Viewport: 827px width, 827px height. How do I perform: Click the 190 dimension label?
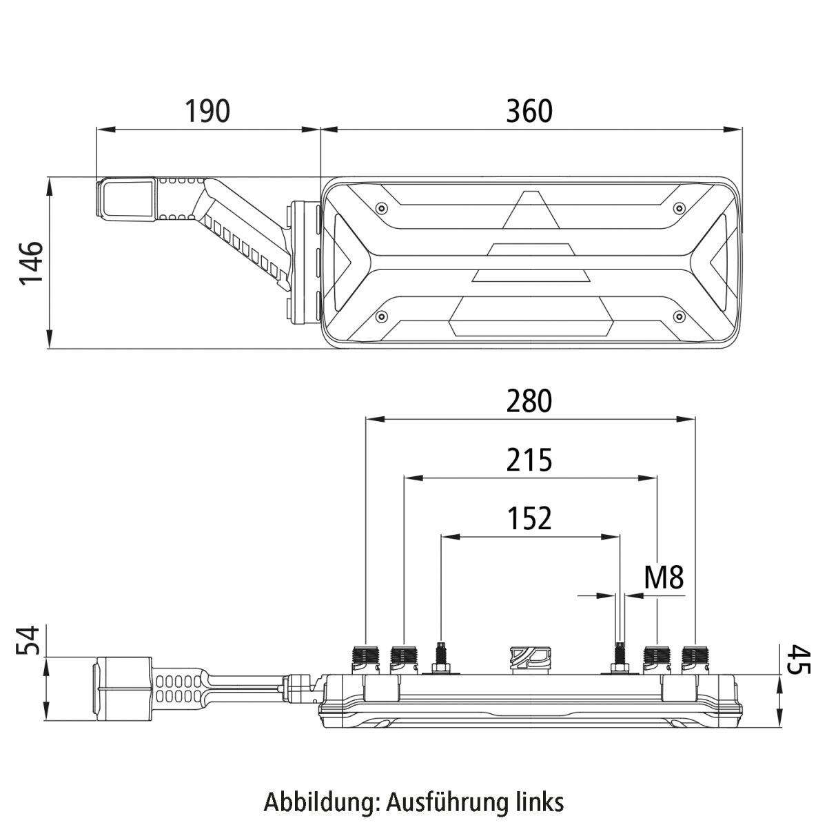(207, 111)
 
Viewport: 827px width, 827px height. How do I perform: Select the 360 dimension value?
(529, 111)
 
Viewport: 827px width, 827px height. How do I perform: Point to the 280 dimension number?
(529, 401)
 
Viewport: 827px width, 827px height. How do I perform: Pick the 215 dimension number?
(529, 460)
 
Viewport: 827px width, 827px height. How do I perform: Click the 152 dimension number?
(529, 518)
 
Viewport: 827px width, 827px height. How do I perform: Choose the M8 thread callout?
(664, 578)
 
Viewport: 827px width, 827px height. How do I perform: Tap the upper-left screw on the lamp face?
(380, 207)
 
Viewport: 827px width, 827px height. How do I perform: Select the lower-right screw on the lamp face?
(679, 316)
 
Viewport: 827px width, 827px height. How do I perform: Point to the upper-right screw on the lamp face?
(679, 207)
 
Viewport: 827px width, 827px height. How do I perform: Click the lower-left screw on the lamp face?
(380, 316)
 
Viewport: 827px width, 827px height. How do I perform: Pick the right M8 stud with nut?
(620, 659)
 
